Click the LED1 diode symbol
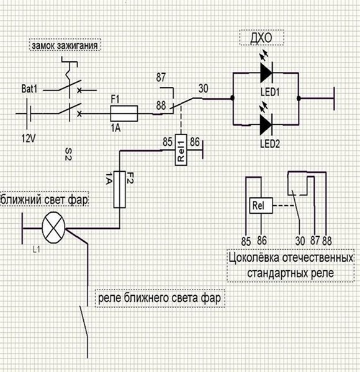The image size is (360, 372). pyautogui.click(x=266, y=73)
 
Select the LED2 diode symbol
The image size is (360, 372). pyautogui.click(x=266, y=125)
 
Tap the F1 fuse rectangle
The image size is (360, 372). pyautogui.click(x=124, y=113)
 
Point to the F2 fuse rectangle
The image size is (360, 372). pyautogui.click(x=119, y=189)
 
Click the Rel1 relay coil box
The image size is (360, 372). pyautogui.click(x=181, y=149)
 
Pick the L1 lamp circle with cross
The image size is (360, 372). pyautogui.click(x=53, y=228)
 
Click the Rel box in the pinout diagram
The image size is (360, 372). pyautogui.click(x=261, y=205)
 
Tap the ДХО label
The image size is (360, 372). pyautogui.click(x=261, y=38)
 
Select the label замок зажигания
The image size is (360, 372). pyautogui.click(x=65, y=45)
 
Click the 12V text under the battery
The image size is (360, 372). pyautogui.click(x=29, y=138)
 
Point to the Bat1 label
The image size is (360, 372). pyautogui.click(x=29, y=89)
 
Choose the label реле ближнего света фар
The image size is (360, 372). pyautogui.click(x=160, y=298)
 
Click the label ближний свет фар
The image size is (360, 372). pyautogui.click(x=44, y=199)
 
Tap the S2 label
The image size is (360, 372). pyautogui.click(x=68, y=154)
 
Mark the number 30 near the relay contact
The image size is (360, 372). pyautogui.click(x=203, y=89)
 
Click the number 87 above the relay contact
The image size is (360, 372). pyautogui.click(x=161, y=77)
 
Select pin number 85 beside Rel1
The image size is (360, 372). pyautogui.click(x=168, y=142)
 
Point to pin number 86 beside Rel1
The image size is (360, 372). pyautogui.click(x=195, y=142)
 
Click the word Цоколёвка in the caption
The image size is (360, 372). pyautogui.click(x=254, y=258)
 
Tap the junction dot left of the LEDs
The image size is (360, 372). pyautogui.click(x=233, y=98)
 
